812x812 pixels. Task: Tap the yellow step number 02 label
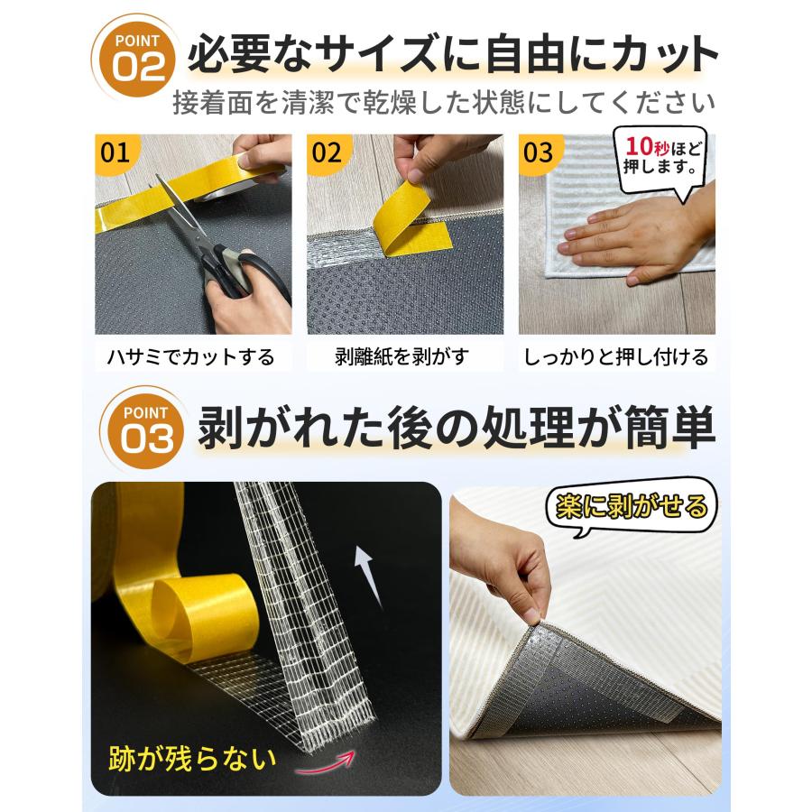pyautogui.click(x=327, y=152)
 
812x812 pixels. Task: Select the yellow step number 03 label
pyautogui.click(x=539, y=152)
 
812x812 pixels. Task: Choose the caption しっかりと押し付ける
pyautogui.click(x=616, y=356)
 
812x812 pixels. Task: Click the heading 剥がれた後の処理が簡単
pyautogui.click(x=456, y=429)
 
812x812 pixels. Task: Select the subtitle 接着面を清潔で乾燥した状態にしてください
pyautogui.click(x=444, y=102)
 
